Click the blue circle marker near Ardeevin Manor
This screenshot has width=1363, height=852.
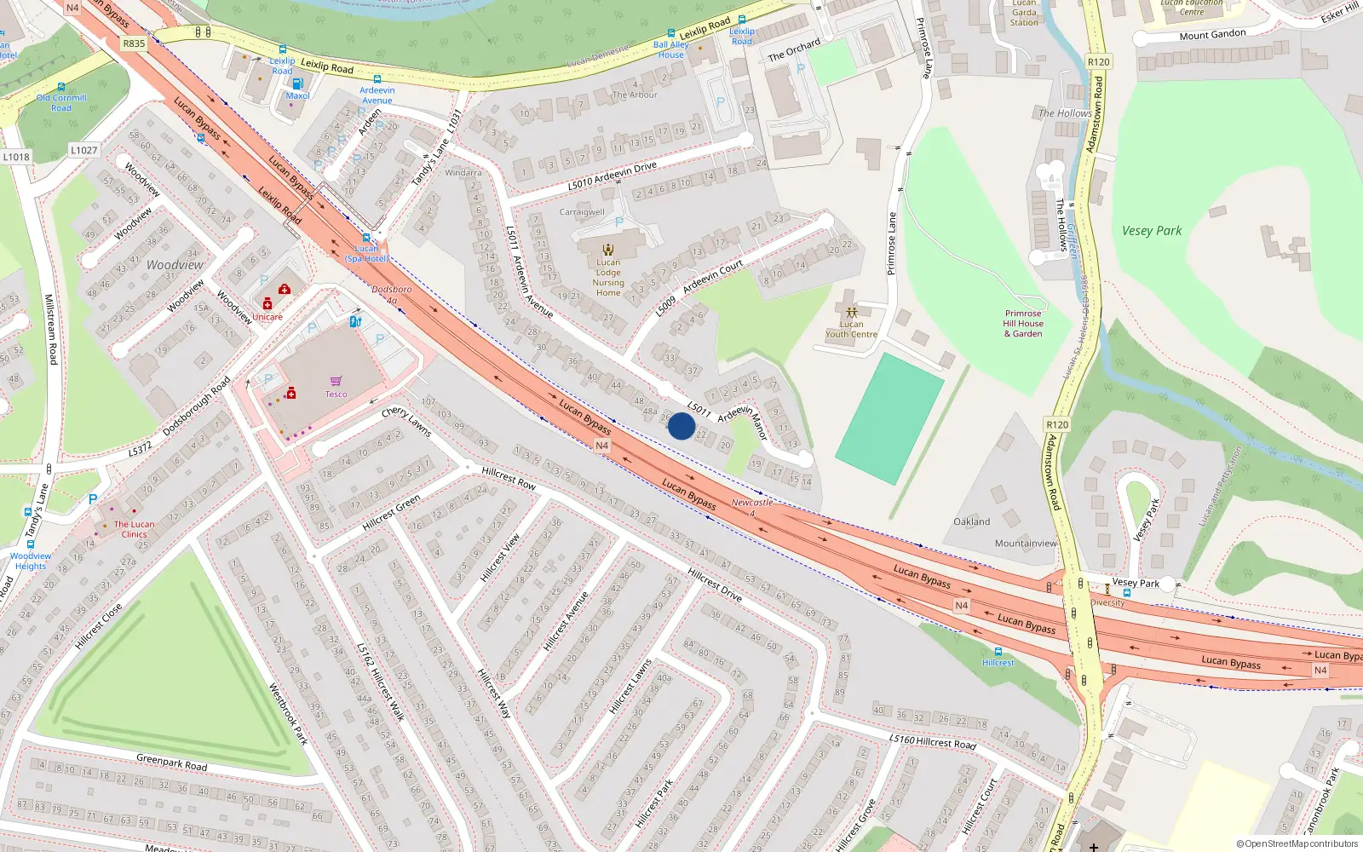coord(681,426)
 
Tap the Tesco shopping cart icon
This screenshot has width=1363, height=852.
coord(336,381)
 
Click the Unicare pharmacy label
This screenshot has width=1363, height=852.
coord(267,317)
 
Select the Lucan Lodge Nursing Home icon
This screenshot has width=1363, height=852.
coord(608,250)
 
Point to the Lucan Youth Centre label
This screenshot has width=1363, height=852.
coord(851,329)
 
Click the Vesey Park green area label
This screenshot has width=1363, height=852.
coord(1151,231)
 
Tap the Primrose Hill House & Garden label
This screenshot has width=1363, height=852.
coord(1022,324)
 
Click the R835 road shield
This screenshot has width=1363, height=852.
coord(134,43)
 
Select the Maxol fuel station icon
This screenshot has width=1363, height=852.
coord(297,83)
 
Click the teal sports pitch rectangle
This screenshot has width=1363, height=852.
coord(889,419)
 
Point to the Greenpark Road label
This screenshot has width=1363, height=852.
coord(171,761)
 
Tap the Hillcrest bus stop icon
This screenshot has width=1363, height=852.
coord(998,652)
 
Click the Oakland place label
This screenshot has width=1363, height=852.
coord(971,521)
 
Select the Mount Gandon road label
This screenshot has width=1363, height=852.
coord(1212,35)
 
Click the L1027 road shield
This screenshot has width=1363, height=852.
coord(83,150)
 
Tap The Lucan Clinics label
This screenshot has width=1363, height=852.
coord(134,529)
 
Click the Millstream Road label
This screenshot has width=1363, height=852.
coord(50,330)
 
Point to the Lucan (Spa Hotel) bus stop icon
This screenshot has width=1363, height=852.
coord(366,238)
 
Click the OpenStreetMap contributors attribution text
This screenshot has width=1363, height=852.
coord(1297,843)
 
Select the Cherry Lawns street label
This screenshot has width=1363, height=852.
coord(406,421)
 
